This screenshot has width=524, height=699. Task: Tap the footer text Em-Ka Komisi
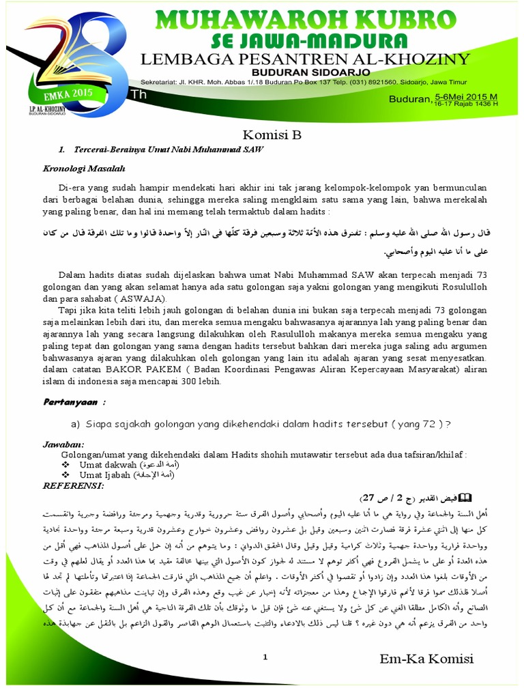coord(426,659)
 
